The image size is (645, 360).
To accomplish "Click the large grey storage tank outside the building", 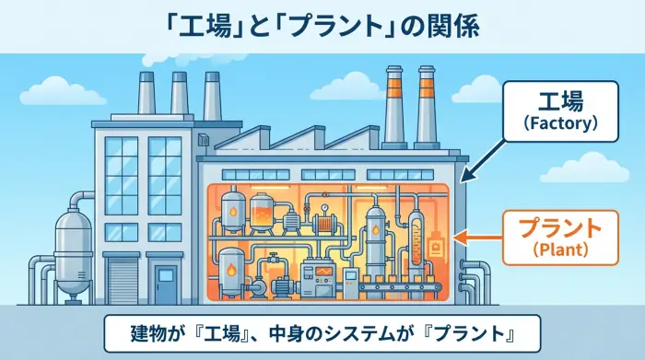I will tap(70, 243).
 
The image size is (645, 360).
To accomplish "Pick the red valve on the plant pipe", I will tap(273, 252).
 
